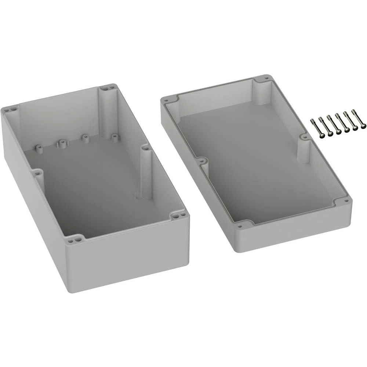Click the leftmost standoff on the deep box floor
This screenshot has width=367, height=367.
coord(38,148)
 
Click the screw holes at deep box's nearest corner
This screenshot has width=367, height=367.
coord(76,239)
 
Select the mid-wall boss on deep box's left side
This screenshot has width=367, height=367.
coord(36,171)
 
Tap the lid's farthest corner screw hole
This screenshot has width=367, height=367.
coord(267,78)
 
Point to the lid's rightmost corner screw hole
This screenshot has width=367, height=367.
coord(346,201)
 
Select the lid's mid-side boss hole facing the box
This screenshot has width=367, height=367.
coord(201,160)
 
